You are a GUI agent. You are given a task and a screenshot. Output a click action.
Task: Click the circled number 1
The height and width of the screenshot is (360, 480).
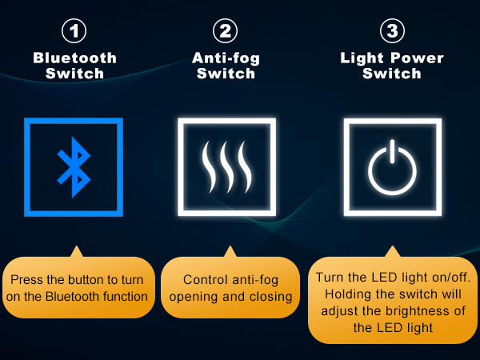74,31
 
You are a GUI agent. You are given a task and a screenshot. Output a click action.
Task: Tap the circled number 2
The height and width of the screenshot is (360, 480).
225,31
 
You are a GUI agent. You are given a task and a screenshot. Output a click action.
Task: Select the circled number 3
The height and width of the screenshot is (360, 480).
392,31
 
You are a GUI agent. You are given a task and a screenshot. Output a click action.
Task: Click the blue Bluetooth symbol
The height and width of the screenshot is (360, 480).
74,167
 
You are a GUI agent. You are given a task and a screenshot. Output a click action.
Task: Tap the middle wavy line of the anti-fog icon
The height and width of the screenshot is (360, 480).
227,167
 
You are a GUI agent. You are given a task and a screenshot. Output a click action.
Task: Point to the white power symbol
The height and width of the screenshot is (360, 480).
392,168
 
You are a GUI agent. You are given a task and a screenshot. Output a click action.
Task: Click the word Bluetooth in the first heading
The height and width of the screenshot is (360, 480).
74,58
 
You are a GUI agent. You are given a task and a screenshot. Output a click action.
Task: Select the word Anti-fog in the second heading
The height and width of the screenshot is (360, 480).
226,58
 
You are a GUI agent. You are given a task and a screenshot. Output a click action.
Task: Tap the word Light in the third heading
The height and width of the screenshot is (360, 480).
362,58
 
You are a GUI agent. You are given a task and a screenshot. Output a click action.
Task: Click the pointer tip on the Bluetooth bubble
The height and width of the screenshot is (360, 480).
77,246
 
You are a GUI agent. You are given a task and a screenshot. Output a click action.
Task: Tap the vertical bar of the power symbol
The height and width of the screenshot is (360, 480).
392,151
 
